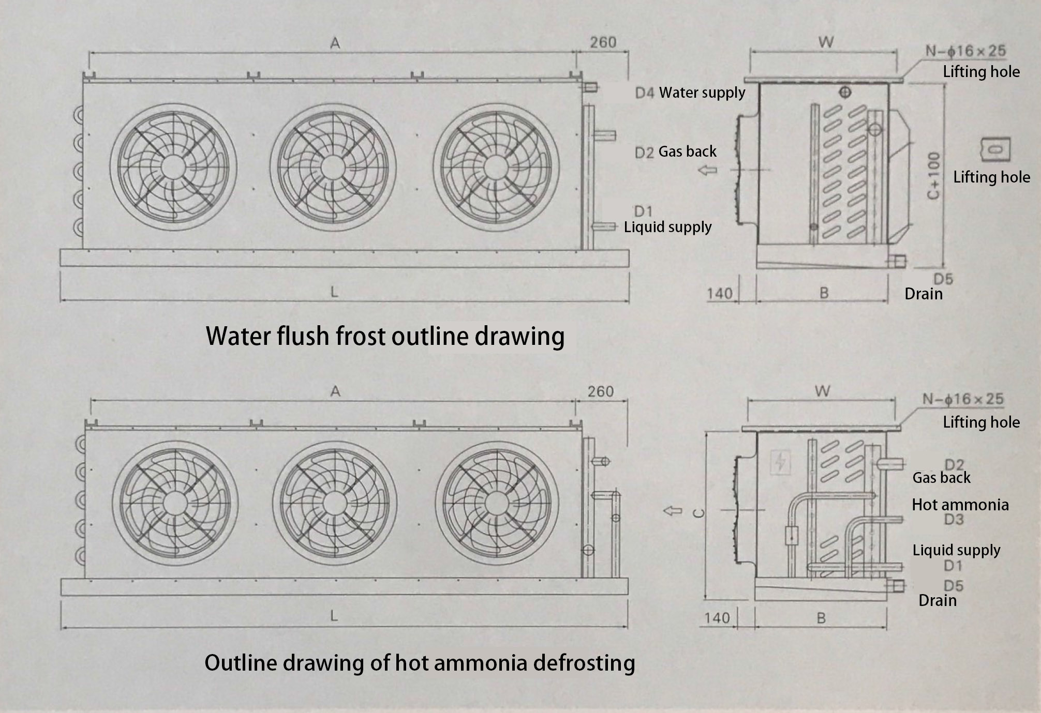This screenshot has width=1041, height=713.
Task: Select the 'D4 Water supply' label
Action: pyautogui.click(x=690, y=93)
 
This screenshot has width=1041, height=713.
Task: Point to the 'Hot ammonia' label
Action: pyautogui.click(x=960, y=505)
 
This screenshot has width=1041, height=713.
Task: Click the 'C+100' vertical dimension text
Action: pyautogui.click(x=933, y=175)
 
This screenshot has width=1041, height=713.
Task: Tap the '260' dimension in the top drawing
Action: pyautogui.click(x=603, y=42)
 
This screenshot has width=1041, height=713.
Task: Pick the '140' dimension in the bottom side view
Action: pyautogui.click(x=717, y=617)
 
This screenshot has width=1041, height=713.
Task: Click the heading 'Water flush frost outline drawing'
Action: pyautogui.click(x=385, y=336)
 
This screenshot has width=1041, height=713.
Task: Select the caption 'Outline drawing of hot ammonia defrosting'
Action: pyautogui.click(x=420, y=662)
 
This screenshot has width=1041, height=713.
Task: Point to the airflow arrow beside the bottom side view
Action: pyautogui.click(x=673, y=511)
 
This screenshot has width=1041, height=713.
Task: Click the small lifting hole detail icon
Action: pyautogui.click(x=995, y=149)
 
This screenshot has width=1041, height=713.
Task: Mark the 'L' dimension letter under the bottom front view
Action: pyautogui.click(x=334, y=616)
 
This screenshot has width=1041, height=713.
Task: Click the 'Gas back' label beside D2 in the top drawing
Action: pyautogui.click(x=687, y=151)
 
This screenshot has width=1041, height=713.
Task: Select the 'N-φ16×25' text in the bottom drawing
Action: pyautogui.click(x=963, y=399)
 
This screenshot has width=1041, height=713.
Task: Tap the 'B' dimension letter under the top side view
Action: pyautogui.click(x=824, y=293)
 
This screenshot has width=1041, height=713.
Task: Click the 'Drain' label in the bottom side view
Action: pyautogui.click(x=938, y=600)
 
